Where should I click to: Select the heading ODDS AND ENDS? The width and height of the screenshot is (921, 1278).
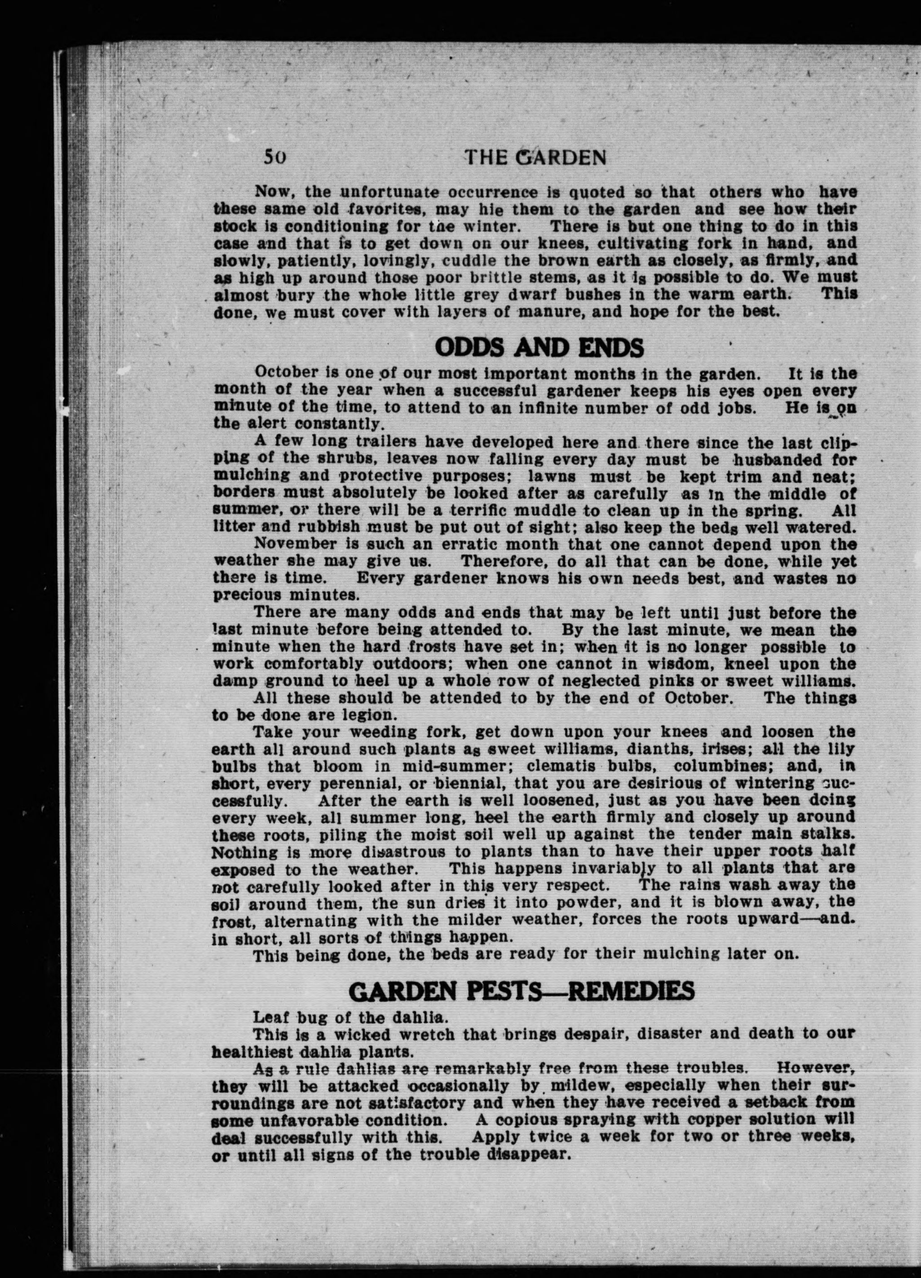[x=540, y=348]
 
